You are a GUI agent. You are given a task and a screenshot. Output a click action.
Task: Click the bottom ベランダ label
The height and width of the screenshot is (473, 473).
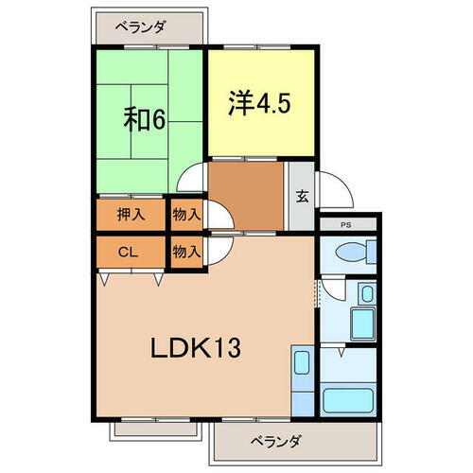[277, 440]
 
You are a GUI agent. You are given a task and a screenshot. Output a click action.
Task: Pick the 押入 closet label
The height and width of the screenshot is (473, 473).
[131, 215]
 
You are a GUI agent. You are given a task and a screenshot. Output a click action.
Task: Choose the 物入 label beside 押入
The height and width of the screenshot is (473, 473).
[186, 215]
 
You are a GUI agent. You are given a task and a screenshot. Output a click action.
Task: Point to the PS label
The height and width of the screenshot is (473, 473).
[346, 224]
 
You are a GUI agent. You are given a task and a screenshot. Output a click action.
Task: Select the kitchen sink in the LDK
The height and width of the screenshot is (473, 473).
[300, 364]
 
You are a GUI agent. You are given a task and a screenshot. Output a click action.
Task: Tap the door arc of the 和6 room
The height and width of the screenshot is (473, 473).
[194, 180]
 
